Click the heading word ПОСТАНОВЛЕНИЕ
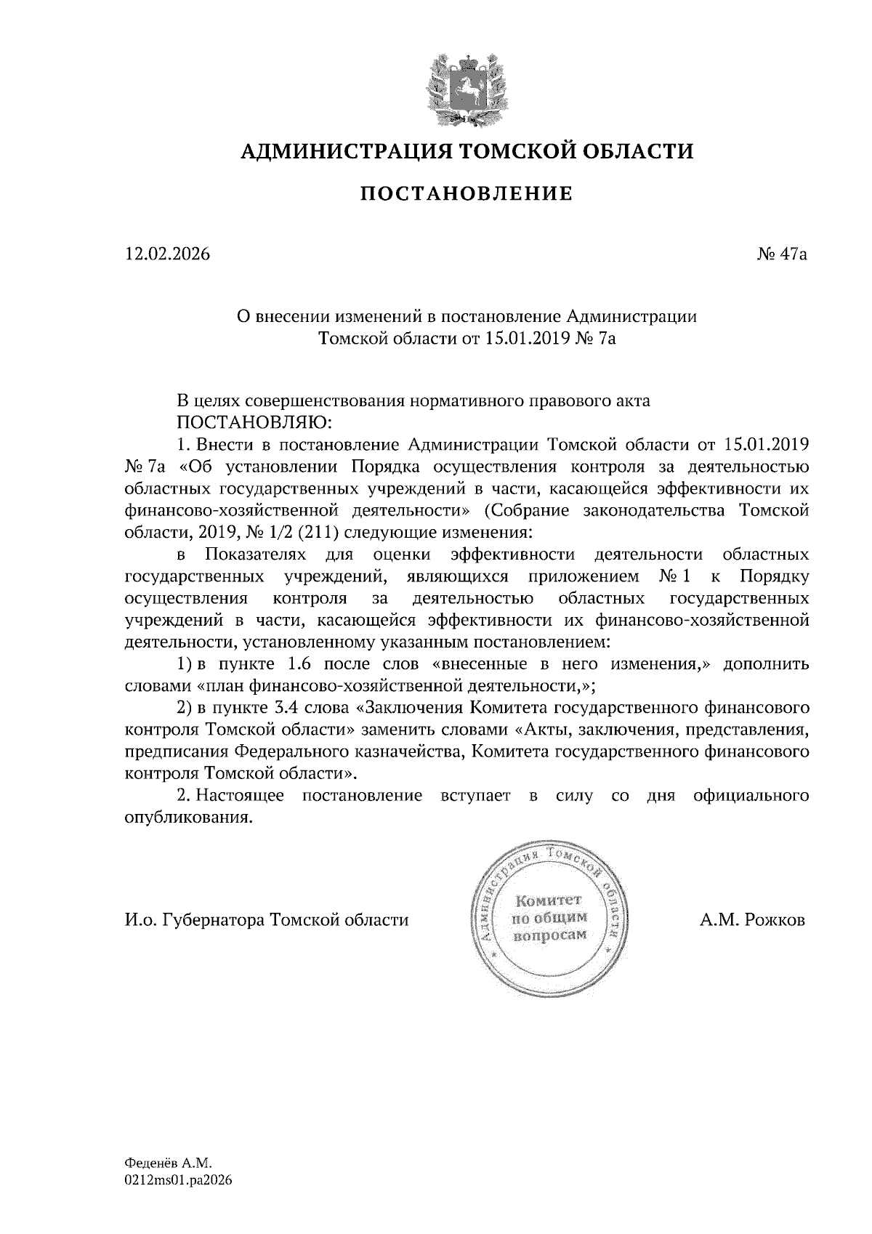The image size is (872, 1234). (467, 193)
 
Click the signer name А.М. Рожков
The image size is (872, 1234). (752, 920)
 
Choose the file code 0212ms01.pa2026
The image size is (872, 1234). (178, 1181)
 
